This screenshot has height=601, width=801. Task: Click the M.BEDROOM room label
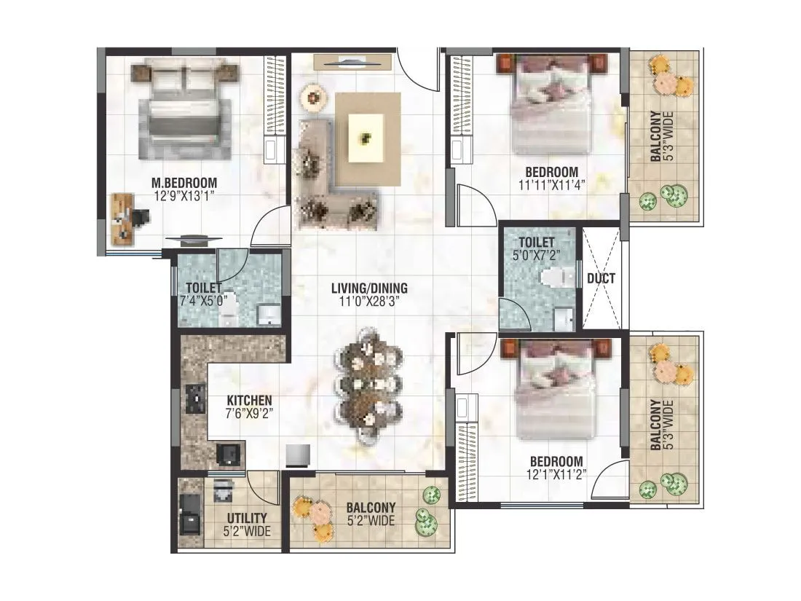(184, 182)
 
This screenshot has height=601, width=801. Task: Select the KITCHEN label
(249, 400)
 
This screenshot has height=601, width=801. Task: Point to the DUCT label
(601, 278)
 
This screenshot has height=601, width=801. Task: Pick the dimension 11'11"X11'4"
(552, 185)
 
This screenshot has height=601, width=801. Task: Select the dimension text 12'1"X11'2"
(556, 475)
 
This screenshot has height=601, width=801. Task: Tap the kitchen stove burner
(196, 398)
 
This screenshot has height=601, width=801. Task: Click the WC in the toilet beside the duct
(554, 277)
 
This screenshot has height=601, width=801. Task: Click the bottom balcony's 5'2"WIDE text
(371, 521)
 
